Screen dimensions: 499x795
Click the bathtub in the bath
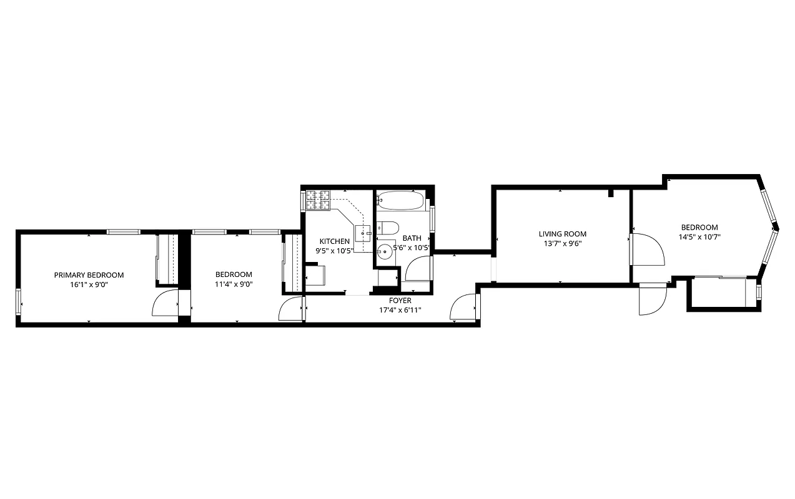point(402,201)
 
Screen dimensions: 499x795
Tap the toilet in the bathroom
point(388,228)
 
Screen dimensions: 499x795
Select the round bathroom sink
point(385,251)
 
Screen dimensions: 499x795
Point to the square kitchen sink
point(363,233)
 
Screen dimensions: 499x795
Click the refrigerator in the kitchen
point(315,275)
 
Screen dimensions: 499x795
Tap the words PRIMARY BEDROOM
point(89,275)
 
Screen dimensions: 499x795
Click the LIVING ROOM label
point(563,235)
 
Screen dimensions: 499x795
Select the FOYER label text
point(400,301)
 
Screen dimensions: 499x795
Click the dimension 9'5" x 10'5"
point(335,251)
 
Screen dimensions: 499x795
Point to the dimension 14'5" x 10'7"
point(699,237)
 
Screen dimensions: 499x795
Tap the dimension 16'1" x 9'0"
point(89,284)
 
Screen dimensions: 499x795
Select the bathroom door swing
point(418,268)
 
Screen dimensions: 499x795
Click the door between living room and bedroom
point(647,249)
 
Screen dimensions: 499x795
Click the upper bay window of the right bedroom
point(768,206)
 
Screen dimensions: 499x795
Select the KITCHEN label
point(335,241)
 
